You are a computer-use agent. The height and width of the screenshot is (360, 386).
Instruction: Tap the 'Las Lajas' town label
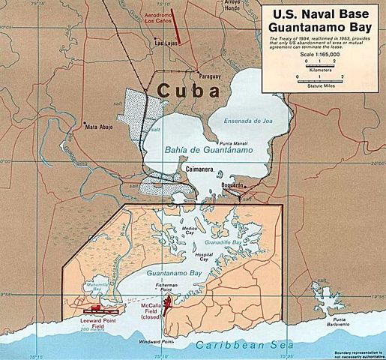165,43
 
